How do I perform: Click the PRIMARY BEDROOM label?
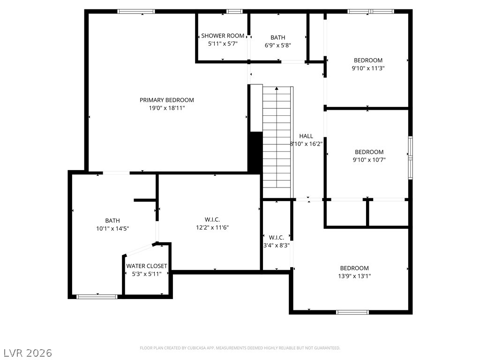166,100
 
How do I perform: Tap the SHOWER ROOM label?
223,36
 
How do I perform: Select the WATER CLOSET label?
147,266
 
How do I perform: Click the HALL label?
306,136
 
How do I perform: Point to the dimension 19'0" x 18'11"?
167,108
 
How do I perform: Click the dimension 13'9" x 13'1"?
354,276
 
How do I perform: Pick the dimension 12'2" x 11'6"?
212,227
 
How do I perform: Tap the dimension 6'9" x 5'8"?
277,45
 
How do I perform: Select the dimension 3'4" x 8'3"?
277,245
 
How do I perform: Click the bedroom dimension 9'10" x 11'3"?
368,68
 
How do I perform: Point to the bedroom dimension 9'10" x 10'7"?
369,160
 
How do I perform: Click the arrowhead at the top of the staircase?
277,89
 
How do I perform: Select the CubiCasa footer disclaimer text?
240,348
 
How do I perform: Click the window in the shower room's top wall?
234,12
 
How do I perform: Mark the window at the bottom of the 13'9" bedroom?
352,312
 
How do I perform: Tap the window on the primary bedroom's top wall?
136,12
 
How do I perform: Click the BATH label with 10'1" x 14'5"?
112,221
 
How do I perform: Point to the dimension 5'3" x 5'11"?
147,274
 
